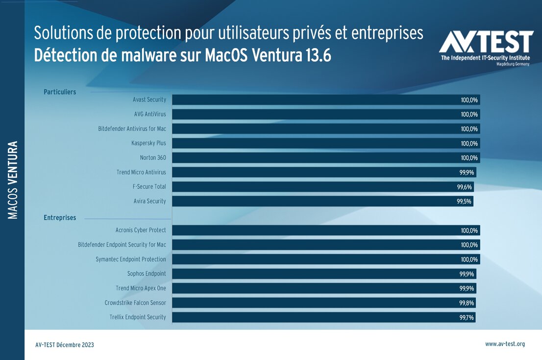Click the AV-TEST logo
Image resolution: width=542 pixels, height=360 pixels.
pyautogui.click(x=486, y=47)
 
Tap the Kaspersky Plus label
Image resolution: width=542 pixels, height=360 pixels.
pyautogui.click(x=148, y=143)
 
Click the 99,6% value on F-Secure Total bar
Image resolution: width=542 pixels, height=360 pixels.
pyautogui.click(x=465, y=187)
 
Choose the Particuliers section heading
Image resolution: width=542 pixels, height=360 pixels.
pyautogui.click(x=60, y=92)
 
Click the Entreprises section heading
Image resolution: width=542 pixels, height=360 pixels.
pyautogui.click(x=60, y=218)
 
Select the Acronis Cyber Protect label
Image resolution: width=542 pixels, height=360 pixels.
pyautogui.click(x=141, y=230)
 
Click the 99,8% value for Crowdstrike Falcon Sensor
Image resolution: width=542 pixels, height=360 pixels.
pyautogui.click(x=467, y=303)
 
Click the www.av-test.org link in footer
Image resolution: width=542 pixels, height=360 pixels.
pyautogui.click(x=505, y=344)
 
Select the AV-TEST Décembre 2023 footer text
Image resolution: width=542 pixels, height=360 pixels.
pyautogui.click(x=65, y=345)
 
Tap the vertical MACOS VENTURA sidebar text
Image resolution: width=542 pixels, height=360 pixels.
pyautogui.click(x=13, y=180)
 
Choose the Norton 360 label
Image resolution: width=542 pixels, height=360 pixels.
pyautogui.click(x=153, y=158)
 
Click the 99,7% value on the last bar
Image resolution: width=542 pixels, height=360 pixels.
pyautogui.click(x=467, y=318)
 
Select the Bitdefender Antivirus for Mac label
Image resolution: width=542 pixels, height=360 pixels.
pyautogui.click(x=132, y=129)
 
